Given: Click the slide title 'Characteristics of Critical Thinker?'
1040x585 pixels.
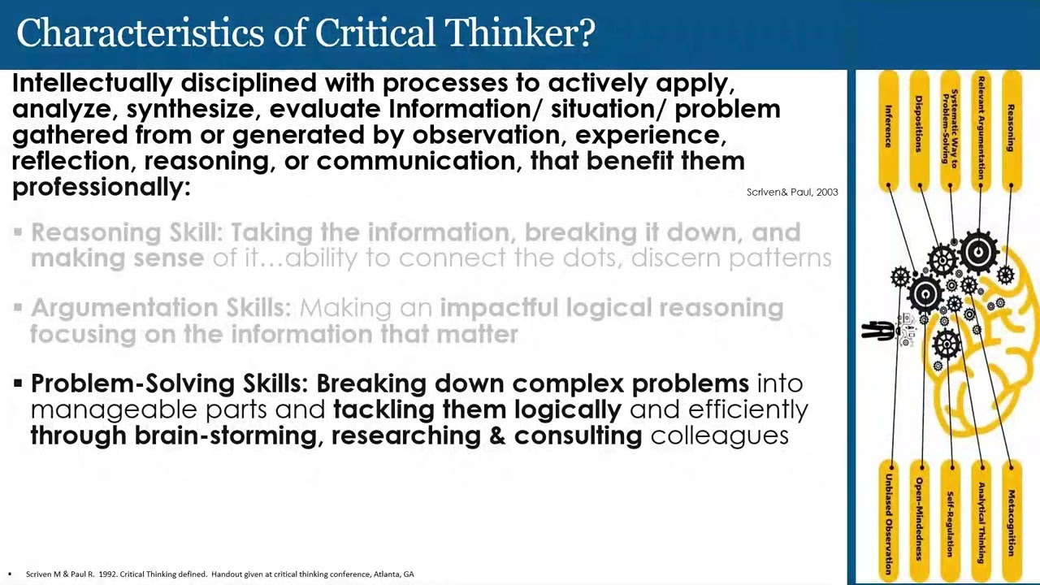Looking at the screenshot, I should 305,34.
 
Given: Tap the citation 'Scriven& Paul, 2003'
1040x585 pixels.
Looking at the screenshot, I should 791,192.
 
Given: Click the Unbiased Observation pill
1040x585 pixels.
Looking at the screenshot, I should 889,520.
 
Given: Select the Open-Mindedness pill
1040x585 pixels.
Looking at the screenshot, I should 919,520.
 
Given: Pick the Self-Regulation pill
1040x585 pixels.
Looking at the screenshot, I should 950,520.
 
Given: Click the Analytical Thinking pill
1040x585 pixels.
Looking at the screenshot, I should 981,520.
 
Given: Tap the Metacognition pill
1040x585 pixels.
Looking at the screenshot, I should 1012,520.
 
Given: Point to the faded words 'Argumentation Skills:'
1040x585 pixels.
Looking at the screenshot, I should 160,308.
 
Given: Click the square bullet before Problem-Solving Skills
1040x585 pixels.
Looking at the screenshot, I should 18,382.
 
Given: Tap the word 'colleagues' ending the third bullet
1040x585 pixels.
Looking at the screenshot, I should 719,435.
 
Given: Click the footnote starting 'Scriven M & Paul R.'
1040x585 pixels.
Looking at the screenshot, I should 219,574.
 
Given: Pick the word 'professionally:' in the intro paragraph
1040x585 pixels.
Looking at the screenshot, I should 101,187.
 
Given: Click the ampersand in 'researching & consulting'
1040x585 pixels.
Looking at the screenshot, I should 497,435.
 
